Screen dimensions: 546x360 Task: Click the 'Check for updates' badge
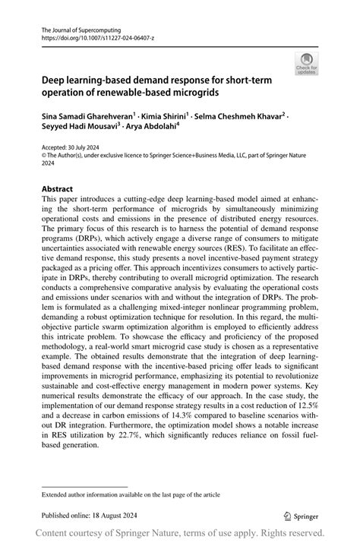pyautogui.click(x=308, y=64)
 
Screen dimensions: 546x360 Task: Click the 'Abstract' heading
pyautogui.click(x=57, y=189)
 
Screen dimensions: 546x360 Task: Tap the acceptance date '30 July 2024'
pyautogui.click(x=88, y=149)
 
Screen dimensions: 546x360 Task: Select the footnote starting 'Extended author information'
pyautogui.click(x=131, y=494)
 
